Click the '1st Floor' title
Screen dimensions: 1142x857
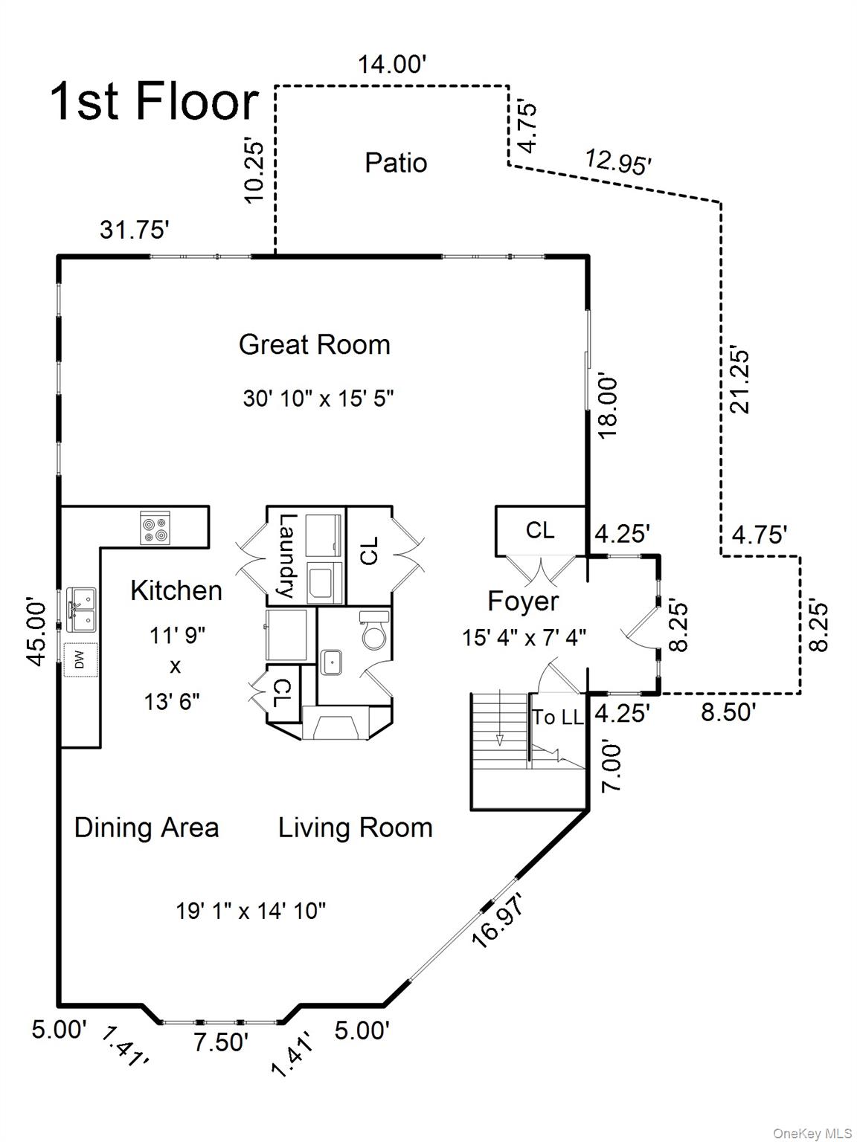point(154,102)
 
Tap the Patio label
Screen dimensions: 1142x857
point(396,163)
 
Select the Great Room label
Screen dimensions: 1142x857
point(314,345)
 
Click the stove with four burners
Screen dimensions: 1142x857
point(155,528)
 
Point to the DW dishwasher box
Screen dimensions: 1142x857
point(79,659)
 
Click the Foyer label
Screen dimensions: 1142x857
point(522,601)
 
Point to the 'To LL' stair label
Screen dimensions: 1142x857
point(557,717)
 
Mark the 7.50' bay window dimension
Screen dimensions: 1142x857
point(221,1042)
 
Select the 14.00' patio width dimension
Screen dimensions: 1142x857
point(391,65)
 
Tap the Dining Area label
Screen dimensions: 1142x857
point(147,828)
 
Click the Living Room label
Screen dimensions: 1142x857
point(355,828)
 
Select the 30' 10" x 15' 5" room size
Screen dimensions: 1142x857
point(318,399)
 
